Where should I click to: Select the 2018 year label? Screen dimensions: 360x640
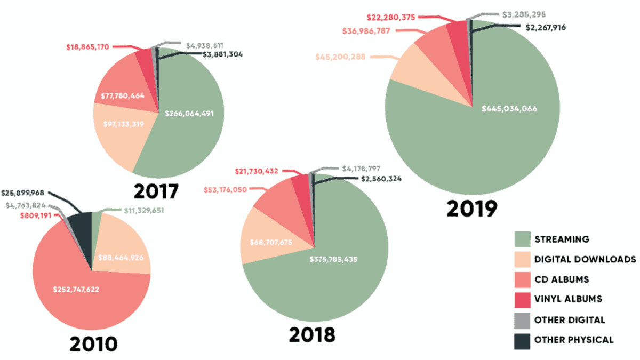pos(313,334)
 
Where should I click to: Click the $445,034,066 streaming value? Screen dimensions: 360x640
pos(509,108)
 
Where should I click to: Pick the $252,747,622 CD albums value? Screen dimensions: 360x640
pos(76,290)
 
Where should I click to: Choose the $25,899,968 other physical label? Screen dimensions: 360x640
pos(26,193)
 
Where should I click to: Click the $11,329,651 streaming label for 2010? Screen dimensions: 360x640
pos(138,211)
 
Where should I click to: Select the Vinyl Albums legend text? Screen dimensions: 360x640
pos(568,299)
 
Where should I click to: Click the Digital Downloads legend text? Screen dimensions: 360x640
pos(585,259)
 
